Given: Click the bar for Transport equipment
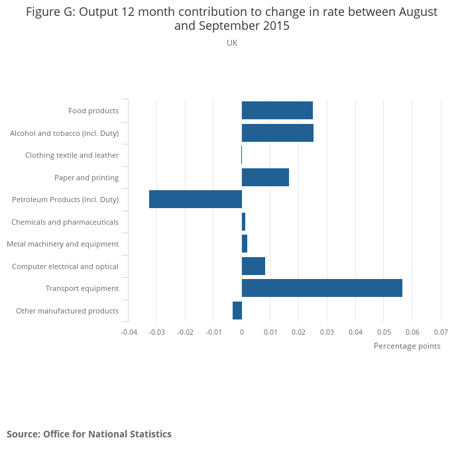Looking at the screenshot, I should point(321,288).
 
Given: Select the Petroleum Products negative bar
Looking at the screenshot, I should point(196,199).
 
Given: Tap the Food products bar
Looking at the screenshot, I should point(277,111).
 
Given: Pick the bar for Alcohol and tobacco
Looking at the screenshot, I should point(277,133).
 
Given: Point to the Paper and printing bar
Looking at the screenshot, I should point(265,177).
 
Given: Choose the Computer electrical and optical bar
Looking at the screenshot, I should point(253,266).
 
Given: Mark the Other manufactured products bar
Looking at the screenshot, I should point(237,310).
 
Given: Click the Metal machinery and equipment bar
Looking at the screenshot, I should point(245,243).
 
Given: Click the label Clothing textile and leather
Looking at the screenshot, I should point(72,155).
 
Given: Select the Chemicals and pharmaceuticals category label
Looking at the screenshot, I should point(65,222).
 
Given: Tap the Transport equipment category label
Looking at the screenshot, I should point(82,288).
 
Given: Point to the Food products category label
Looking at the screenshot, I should point(93,111).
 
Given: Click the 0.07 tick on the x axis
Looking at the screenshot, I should point(441,331).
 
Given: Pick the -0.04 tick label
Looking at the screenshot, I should point(129,331).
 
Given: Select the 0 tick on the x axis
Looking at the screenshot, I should point(242,331).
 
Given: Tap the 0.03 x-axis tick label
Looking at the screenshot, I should point(327,331).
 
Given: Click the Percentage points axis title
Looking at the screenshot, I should point(407,346).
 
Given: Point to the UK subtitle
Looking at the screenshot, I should point(232,43).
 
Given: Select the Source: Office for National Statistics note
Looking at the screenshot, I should point(89,434).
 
